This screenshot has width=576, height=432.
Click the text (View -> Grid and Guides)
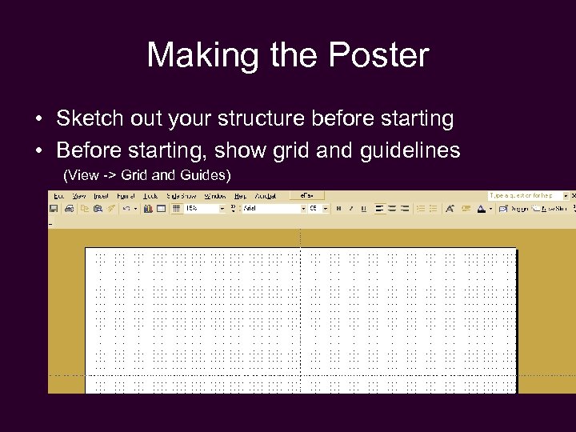click(146, 174)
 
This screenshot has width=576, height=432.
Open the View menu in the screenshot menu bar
click(79, 196)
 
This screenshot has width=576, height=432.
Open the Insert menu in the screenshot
click(101, 196)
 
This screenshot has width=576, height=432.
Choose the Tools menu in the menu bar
click(150, 196)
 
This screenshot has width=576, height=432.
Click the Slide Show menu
click(182, 196)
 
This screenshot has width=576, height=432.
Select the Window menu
click(215, 196)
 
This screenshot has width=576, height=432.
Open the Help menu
click(240, 196)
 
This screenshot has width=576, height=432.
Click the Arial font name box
click(272, 208)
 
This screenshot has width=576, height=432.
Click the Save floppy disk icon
click(54, 208)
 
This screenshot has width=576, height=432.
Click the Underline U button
click(363, 208)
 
